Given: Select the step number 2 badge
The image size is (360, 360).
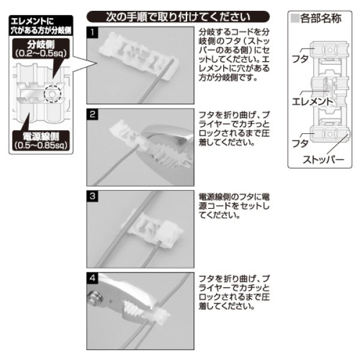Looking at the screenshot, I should click(x=92, y=113).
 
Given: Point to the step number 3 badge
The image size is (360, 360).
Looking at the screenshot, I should click(x=92, y=196).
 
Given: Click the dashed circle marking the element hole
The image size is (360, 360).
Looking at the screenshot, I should click(x=53, y=94).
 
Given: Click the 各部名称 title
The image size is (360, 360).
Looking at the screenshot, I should click(x=319, y=18).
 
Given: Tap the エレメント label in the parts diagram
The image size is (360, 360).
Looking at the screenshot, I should click(x=310, y=101).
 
